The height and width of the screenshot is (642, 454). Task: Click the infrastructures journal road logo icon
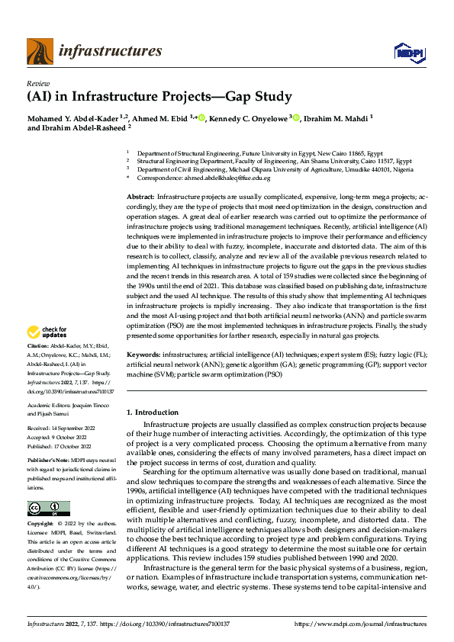point(40,52)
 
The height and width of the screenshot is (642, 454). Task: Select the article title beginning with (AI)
point(159,97)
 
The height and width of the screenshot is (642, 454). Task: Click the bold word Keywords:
point(143,355)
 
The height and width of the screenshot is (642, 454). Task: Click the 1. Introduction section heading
point(153,412)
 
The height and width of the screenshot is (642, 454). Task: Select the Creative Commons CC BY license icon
point(48,508)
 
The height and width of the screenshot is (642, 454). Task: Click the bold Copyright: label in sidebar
point(41,525)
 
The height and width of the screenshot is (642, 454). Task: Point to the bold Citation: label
point(38,345)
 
